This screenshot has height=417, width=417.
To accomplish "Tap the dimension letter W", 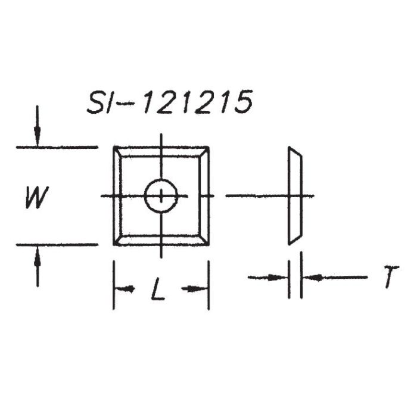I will pyautogui.click(x=36, y=197).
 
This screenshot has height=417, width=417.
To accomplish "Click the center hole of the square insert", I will pyautogui.click(x=161, y=196).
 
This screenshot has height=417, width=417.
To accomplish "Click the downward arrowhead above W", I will pyautogui.click(x=37, y=139).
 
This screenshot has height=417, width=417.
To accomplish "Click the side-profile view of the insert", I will pyautogui.click(x=294, y=195).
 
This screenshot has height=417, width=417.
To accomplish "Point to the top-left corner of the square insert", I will pyautogui.click(x=114, y=147).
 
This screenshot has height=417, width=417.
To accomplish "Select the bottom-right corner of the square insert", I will pyautogui.click(x=208, y=244).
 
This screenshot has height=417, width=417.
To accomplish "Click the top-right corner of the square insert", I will pyautogui.click(x=208, y=147).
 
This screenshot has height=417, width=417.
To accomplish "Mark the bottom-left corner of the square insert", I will pyautogui.click(x=114, y=244).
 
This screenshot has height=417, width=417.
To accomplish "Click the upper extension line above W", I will pyautogui.click(x=57, y=147).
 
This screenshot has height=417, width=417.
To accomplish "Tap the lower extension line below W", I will pyautogui.click(x=57, y=244).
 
